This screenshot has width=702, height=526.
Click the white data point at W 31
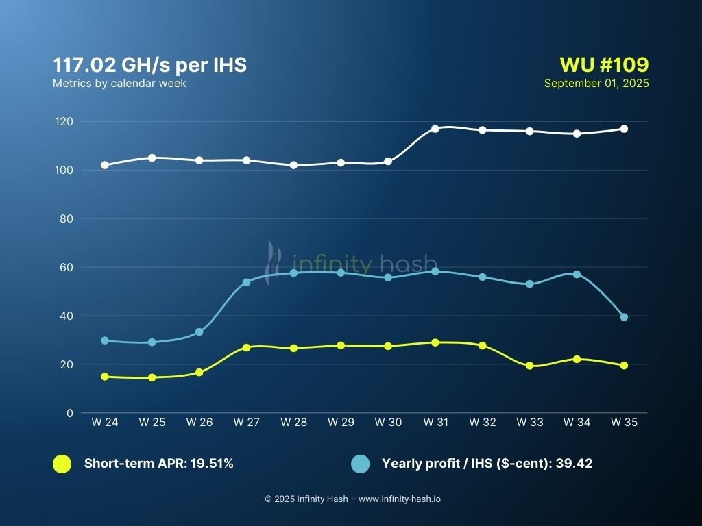click(435, 129)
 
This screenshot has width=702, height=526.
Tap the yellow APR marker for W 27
click(246, 347)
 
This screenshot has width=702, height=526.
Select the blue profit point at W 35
click(624, 317)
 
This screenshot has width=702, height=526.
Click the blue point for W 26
click(199, 331)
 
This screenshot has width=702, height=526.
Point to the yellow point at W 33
click(529, 366)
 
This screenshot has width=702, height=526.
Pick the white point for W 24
click(105, 165)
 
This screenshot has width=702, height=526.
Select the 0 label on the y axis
click(69, 413)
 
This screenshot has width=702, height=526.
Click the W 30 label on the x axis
click(388, 423)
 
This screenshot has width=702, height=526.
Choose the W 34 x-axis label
click(577, 423)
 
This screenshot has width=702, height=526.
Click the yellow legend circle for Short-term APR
click(62, 464)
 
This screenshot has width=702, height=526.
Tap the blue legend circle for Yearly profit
click(360, 464)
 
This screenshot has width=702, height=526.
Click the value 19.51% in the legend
click(209, 464)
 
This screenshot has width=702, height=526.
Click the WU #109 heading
click(604, 65)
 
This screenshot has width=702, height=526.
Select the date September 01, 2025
click(596, 84)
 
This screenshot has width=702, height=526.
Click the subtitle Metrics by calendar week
click(119, 84)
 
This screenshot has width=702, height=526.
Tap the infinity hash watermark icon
click(274, 257)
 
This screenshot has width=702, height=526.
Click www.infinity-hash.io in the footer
click(400, 499)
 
